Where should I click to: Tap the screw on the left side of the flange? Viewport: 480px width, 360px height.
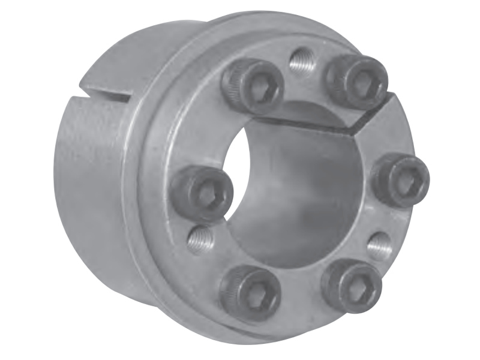[x=202, y=193]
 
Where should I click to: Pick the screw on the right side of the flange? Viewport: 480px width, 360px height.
[x=401, y=178]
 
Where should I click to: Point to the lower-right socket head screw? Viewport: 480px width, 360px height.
[x=352, y=284]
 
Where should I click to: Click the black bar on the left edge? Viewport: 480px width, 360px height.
[x=20, y=180]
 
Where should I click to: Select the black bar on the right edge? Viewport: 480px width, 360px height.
[x=460, y=180]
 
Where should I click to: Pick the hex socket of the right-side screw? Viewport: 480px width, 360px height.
[x=406, y=178]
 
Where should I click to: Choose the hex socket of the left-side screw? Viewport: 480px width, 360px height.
[x=208, y=193]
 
